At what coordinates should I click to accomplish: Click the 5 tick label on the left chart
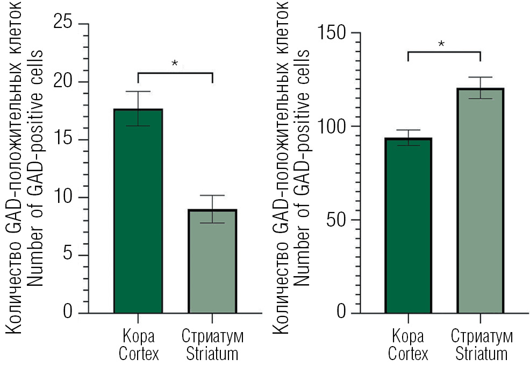pos(69,255)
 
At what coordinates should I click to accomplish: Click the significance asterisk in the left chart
pos(175,64)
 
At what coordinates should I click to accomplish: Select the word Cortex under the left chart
pos(138,354)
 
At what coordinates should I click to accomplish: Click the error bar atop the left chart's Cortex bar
pos(138,108)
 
